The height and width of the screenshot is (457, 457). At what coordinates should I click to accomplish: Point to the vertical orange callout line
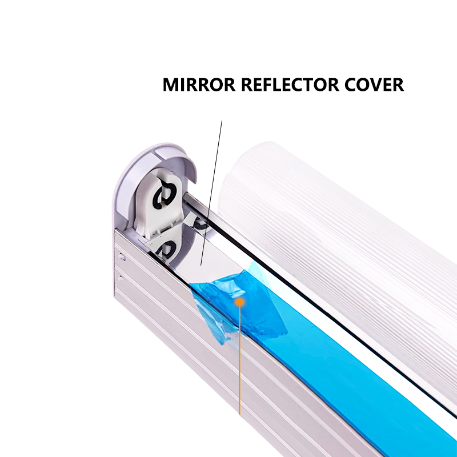(x=240, y=366)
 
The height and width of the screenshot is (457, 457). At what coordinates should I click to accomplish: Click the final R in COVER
(x=398, y=85)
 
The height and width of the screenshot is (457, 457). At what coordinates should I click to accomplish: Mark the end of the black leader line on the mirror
(x=202, y=265)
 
